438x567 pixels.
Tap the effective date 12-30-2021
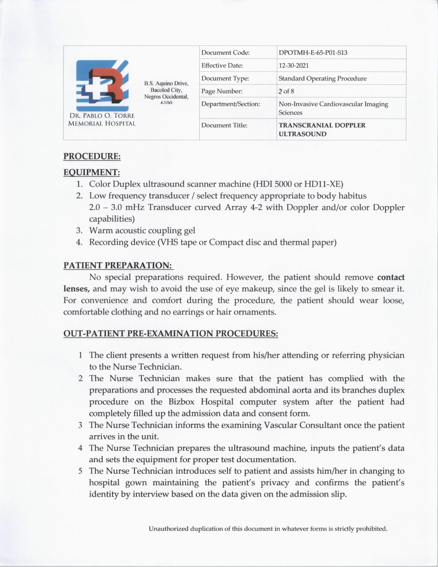point(294,65)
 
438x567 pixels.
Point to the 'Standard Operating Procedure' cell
point(322,78)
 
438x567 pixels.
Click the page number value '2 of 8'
point(286,91)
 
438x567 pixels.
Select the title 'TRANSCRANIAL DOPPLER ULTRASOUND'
point(322,130)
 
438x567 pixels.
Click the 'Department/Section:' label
point(231,104)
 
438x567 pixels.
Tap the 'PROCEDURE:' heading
point(92,156)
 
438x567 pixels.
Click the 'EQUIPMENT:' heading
point(92,172)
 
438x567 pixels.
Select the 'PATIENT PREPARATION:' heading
point(118,266)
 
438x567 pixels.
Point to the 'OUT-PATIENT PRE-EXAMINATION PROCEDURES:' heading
point(171,334)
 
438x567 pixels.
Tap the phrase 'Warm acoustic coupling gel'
point(142,230)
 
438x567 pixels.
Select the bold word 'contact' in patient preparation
point(391,277)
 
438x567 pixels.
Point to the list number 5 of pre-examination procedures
point(80,471)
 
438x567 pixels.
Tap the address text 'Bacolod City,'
point(166,90)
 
